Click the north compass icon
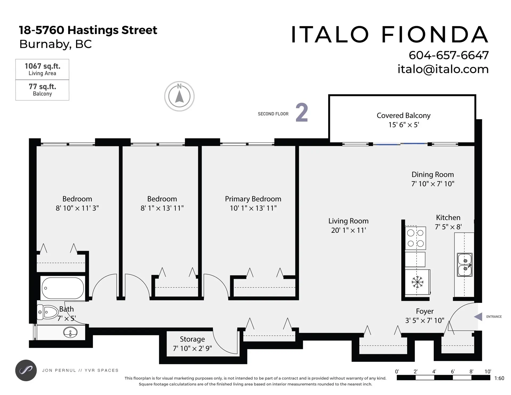tap(179, 96)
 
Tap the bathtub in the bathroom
tap(62, 288)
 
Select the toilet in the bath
tap(48, 312)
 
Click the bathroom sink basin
tap(70, 332)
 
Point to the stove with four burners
tap(415, 238)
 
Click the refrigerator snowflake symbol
tap(417, 282)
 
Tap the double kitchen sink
tap(465, 265)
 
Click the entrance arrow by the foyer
tap(478, 316)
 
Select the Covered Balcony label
tap(403, 116)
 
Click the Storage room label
tap(192, 339)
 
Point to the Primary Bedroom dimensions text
tap(253, 208)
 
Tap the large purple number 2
tap(302, 113)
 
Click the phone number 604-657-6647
tap(448, 55)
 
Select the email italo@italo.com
tap(443, 69)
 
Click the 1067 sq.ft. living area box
tap(42, 69)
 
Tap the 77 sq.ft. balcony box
tap(42, 90)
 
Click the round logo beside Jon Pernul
tap(26, 370)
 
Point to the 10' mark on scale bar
tap(488, 372)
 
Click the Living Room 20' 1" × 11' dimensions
tap(348, 230)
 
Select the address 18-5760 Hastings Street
tap(88, 30)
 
